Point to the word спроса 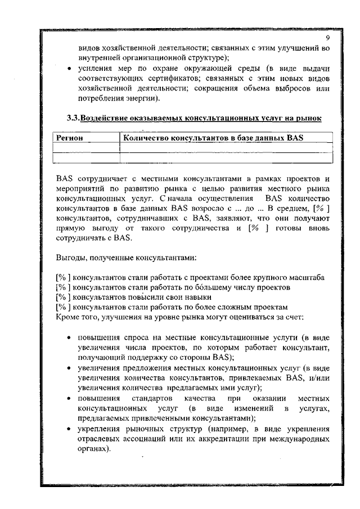[x=132, y=337]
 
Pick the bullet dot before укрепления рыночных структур [x=67, y=429]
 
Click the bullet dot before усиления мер [x=67, y=68]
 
